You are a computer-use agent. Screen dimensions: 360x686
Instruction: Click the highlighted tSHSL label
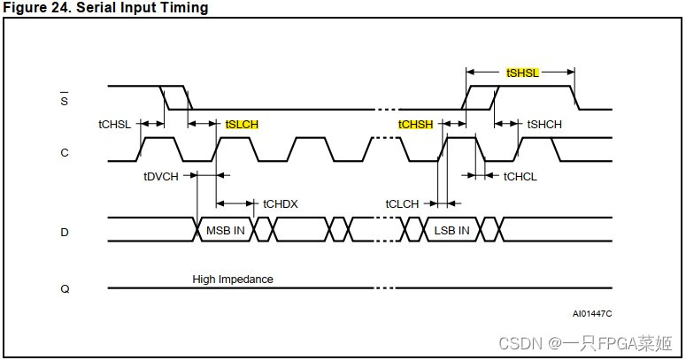(522, 73)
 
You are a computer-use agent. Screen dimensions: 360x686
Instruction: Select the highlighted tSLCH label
(242, 125)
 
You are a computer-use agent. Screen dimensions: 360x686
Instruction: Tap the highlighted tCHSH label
(415, 125)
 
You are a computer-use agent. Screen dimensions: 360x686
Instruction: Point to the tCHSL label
(114, 125)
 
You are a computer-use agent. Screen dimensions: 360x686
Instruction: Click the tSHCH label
(544, 125)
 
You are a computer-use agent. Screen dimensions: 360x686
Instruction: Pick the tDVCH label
(161, 176)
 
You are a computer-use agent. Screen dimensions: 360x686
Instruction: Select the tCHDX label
(281, 204)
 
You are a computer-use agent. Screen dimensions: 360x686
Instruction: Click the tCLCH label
(402, 204)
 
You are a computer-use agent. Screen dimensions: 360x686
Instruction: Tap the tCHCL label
(520, 176)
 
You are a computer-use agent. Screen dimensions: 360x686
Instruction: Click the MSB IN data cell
(226, 231)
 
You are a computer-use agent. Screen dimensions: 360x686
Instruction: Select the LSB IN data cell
(451, 231)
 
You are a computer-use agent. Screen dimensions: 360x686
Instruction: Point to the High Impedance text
(233, 280)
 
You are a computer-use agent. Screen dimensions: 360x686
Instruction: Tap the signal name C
(64, 153)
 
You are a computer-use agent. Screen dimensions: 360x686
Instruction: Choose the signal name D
(64, 232)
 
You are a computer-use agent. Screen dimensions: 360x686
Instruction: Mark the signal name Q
(64, 288)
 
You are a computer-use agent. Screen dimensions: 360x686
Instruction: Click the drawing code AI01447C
(592, 313)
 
